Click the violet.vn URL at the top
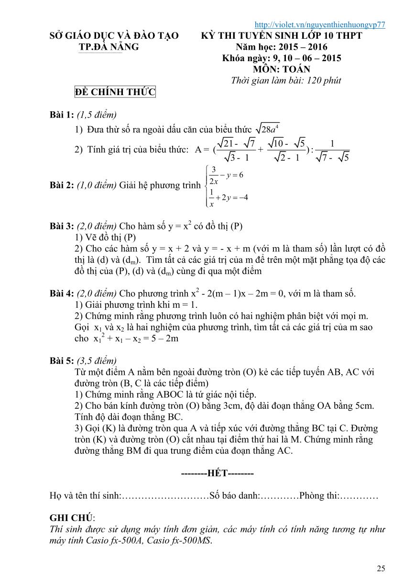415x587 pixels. pos(320,25)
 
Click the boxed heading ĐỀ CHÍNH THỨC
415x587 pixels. pos(115,92)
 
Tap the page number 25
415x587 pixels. pos(381,568)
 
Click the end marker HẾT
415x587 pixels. pos(218,474)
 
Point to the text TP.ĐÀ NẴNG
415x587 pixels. pos(109,47)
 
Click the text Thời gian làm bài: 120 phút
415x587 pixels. pos(286,80)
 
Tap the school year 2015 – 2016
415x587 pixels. pos(302,47)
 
